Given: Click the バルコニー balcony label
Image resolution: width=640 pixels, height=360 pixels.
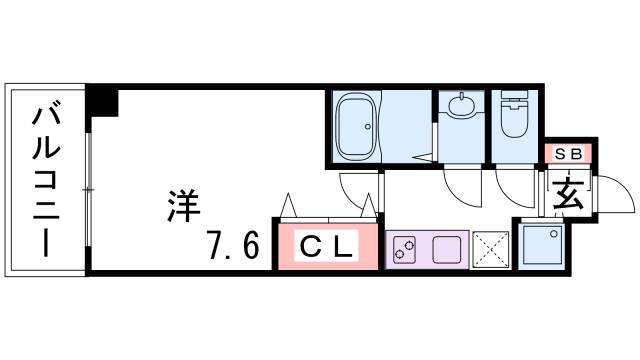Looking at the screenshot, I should [45, 179].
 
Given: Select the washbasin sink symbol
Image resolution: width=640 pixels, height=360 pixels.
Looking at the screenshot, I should [462, 106].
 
